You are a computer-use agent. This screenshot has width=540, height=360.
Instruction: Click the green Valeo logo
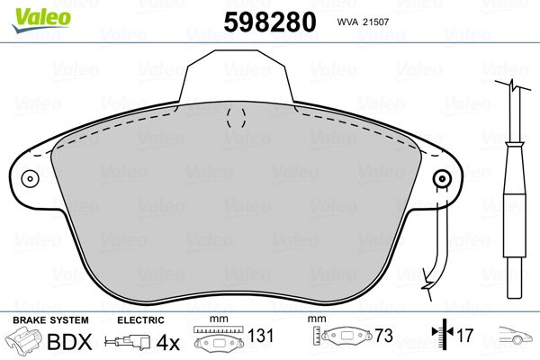click(x=41, y=20)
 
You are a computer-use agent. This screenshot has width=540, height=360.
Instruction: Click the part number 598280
click(x=270, y=22)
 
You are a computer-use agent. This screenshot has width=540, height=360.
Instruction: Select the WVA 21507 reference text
click(x=363, y=22)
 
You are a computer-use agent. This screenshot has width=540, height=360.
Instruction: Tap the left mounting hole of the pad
click(x=30, y=178)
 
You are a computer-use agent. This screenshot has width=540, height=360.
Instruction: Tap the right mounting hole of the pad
click(x=442, y=179)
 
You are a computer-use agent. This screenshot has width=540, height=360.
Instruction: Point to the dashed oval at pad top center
click(x=236, y=118)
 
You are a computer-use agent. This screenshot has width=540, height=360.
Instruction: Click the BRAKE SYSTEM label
click(x=50, y=320)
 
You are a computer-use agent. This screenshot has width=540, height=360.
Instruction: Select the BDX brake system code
click(x=69, y=342)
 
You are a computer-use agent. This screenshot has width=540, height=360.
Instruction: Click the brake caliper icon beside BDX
click(x=23, y=339)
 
